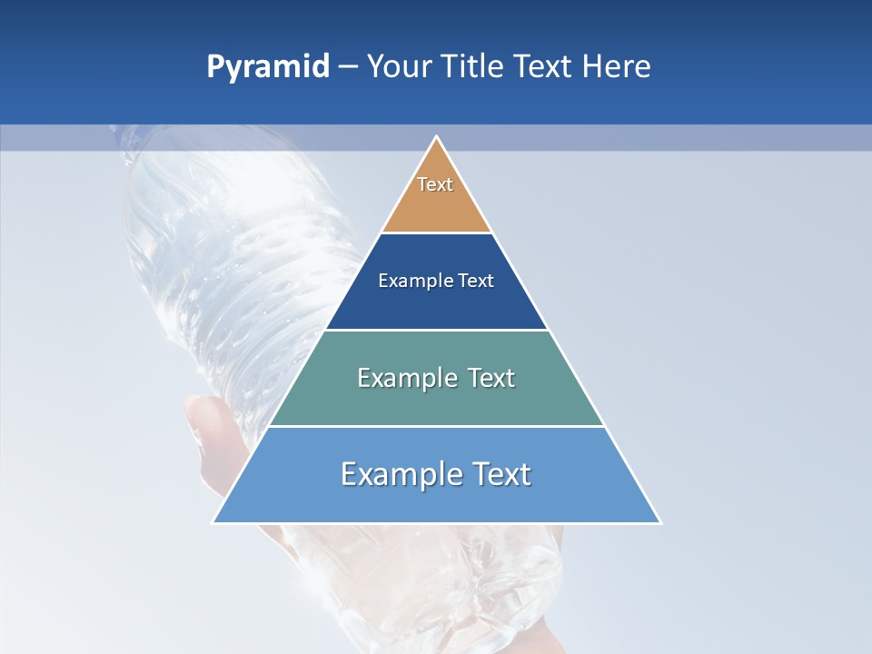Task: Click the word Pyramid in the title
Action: click(267, 67)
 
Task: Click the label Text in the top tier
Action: click(435, 184)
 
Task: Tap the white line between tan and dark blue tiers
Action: click(436, 233)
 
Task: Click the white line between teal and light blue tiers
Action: click(436, 426)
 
